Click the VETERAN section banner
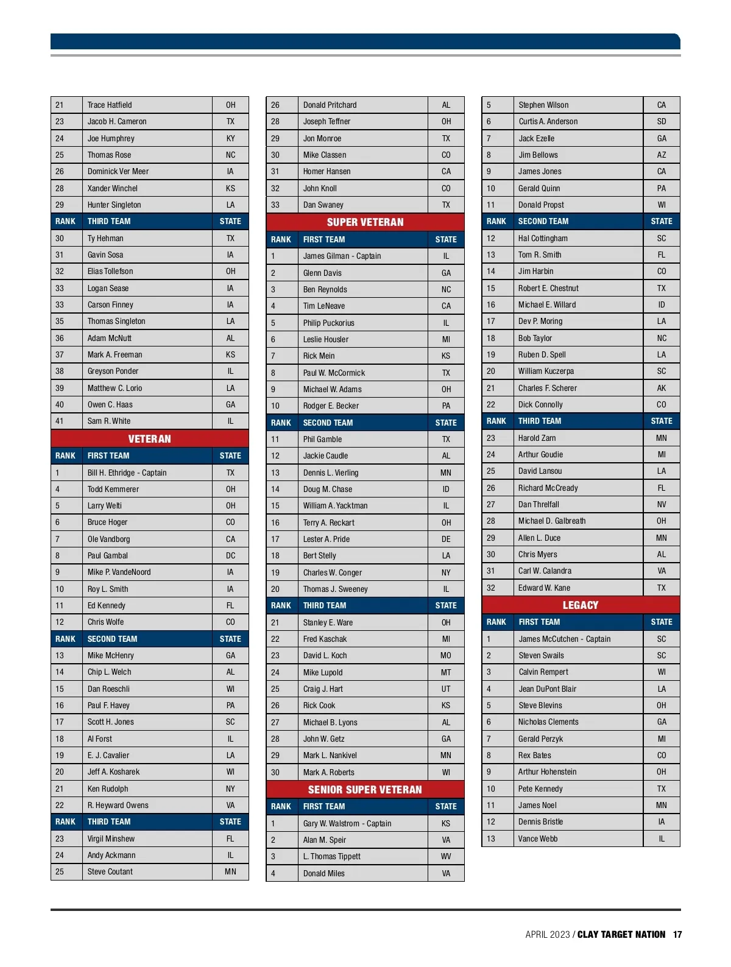click(x=149, y=438)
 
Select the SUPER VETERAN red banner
click(x=365, y=222)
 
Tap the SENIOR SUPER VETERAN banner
click(x=365, y=789)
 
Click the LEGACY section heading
click(x=580, y=605)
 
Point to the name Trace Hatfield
click(x=110, y=105)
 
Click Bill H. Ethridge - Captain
click(x=127, y=473)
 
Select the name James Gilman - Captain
click(x=342, y=256)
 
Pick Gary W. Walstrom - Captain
click(x=347, y=823)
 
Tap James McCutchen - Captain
click(x=564, y=639)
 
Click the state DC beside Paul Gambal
click(x=230, y=555)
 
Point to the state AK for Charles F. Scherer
click(x=662, y=388)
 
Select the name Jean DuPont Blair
click(x=547, y=689)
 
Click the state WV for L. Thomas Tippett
click(x=446, y=856)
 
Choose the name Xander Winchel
click(x=112, y=188)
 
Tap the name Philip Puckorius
click(x=328, y=323)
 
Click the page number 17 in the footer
click(x=677, y=934)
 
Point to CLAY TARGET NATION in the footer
click(x=621, y=934)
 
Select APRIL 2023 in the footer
click(x=547, y=934)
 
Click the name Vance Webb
click(x=538, y=839)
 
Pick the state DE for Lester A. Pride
click(x=446, y=539)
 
